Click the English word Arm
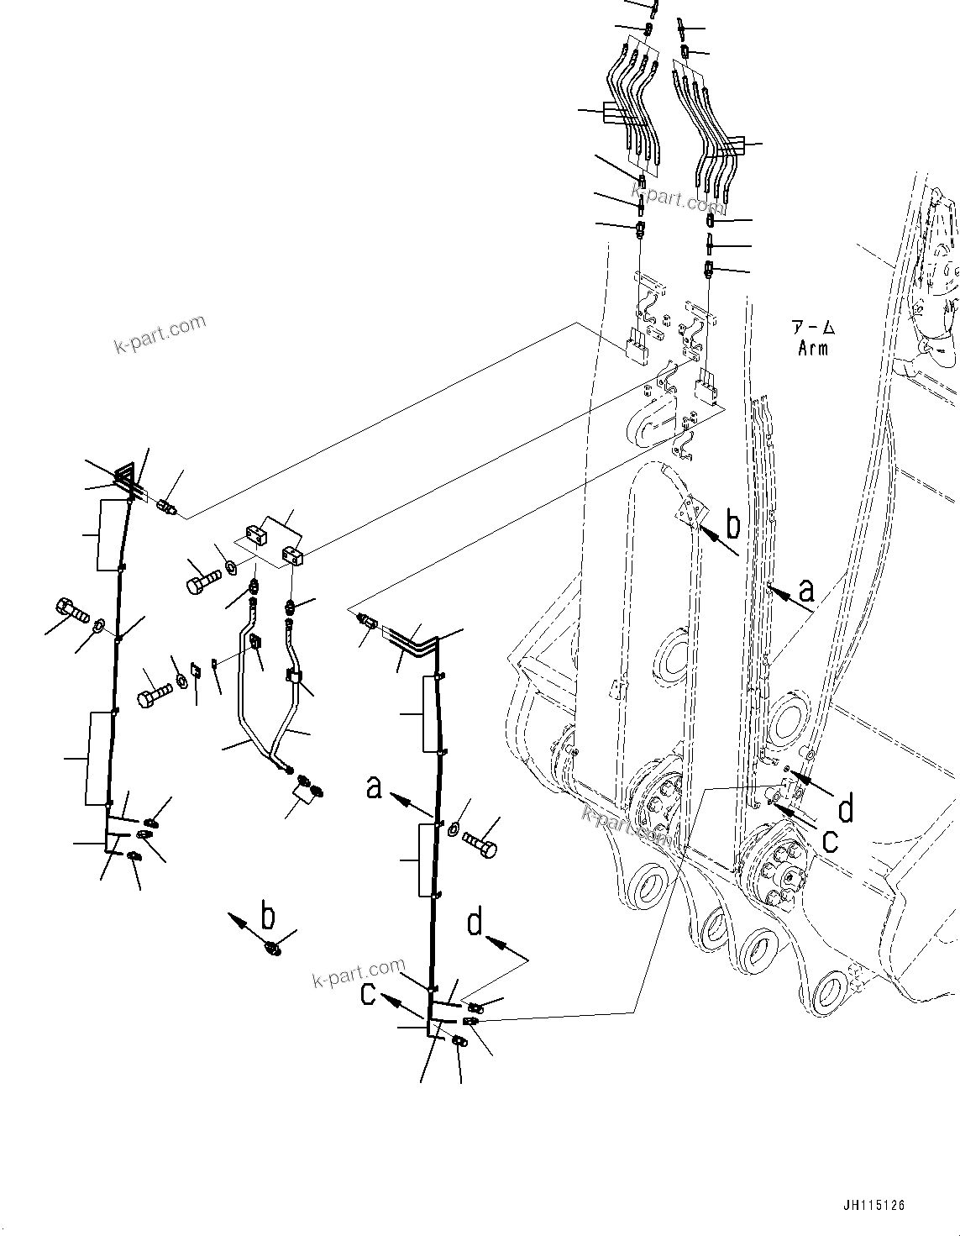tap(812, 348)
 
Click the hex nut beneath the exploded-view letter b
tap(273, 948)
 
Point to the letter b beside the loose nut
tap(268, 915)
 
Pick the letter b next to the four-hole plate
tap(733, 526)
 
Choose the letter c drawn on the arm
tap(830, 840)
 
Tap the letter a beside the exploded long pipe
tap(375, 787)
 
